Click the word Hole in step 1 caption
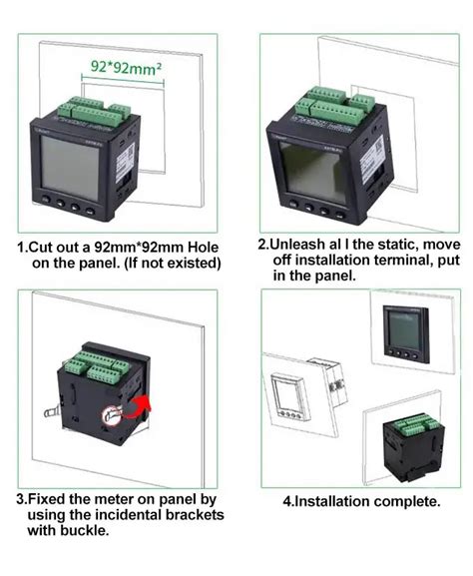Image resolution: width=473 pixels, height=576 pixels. tap(196, 247)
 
